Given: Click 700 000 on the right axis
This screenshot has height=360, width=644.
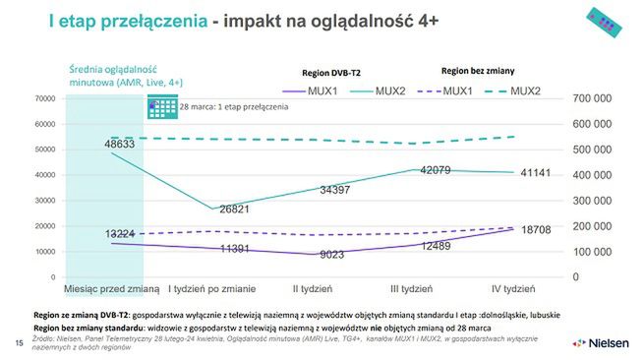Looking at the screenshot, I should [592, 99].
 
